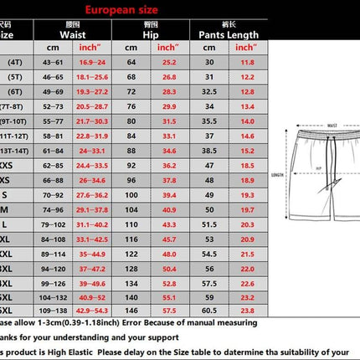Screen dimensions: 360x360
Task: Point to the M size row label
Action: (7, 208)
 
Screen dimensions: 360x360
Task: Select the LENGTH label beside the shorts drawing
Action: (279, 175)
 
